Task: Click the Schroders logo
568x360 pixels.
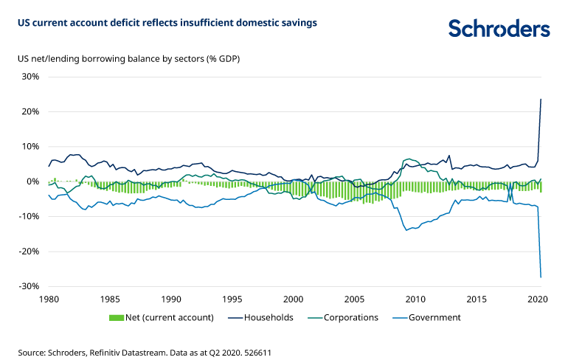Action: coord(499,28)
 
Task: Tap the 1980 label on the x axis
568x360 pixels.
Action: coord(49,300)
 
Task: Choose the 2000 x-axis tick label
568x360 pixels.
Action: coord(293,300)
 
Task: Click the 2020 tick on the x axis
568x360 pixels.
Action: coord(537,300)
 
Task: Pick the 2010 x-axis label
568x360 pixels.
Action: coord(415,300)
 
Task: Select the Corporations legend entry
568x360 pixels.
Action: coord(351,318)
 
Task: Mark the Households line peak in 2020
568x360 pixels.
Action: coord(541,99)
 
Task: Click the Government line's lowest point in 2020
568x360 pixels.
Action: coord(541,277)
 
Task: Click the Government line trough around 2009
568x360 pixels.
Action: coord(406,230)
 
